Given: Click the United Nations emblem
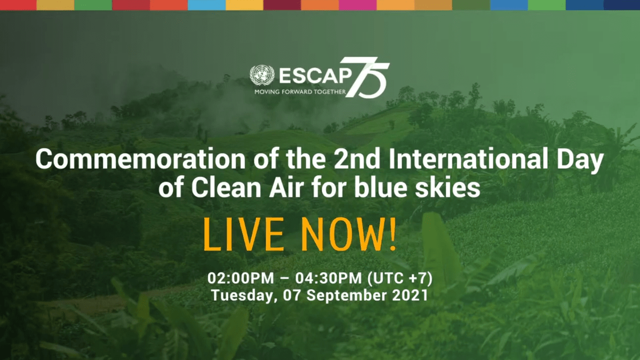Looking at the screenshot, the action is [x=262, y=75].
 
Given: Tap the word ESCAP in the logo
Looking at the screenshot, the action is [x=315, y=76].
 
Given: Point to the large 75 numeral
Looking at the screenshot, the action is [x=367, y=78].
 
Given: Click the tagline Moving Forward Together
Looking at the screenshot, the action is [x=300, y=92].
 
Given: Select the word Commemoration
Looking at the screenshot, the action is [x=140, y=159].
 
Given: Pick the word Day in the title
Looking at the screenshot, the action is [x=580, y=161].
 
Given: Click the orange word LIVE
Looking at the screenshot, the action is [x=243, y=234].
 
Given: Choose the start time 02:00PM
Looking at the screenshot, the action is [x=241, y=278].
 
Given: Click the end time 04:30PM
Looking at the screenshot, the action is [x=329, y=278].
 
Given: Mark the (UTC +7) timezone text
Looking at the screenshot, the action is [x=400, y=278].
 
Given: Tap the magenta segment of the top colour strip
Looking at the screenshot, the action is [x=358, y=5].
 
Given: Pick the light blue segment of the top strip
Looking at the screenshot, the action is [x=206, y=5].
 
